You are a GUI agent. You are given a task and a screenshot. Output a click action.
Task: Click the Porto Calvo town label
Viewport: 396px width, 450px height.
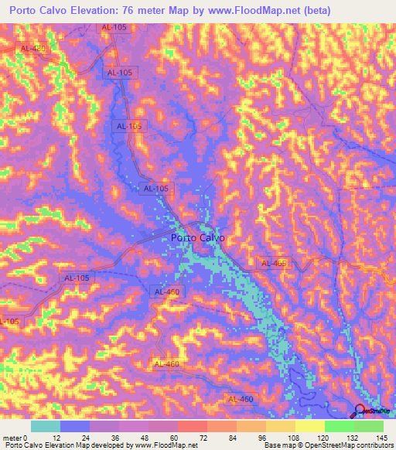coord(197,238)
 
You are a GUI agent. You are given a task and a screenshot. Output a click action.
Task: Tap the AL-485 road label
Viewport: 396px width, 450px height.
coord(33,48)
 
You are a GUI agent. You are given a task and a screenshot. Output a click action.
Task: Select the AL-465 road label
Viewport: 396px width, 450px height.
coord(273,264)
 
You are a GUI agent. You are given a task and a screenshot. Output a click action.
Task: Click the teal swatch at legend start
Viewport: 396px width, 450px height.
coord(46,426)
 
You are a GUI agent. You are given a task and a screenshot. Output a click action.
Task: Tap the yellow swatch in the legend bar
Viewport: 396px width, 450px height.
coord(309,426)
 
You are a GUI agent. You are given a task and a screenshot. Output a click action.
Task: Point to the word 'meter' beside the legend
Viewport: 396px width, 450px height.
coord(13,437)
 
